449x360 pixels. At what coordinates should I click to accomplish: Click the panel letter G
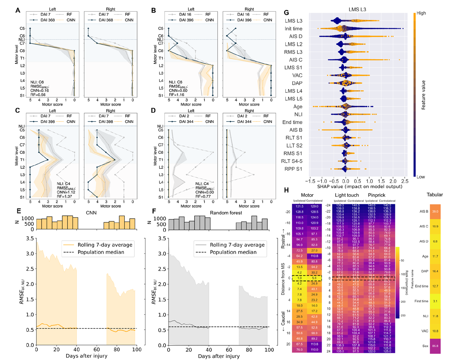[x=286, y=13]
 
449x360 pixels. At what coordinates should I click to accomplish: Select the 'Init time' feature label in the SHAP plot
[x=293, y=29]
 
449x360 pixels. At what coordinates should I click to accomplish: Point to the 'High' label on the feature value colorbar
[x=421, y=13]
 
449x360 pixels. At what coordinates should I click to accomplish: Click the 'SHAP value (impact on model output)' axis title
[x=360, y=186]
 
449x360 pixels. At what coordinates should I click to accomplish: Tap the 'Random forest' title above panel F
[x=226, y=213]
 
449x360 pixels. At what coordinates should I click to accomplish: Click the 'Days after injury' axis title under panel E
[x=86, y=356]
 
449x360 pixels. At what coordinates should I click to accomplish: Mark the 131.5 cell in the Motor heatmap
[x=300, y=207]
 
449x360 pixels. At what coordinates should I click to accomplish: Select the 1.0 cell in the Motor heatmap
[x=300, y=278]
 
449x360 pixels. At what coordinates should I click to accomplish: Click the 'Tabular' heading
[x=435, y=195]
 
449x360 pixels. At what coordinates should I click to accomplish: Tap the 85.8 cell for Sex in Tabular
[x=435, y=346]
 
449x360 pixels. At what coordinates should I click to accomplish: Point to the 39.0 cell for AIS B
[x=435, y=212]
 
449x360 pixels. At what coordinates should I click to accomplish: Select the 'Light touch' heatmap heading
[x=347, y=195]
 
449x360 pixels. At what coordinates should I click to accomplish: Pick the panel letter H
[x=286, y=190]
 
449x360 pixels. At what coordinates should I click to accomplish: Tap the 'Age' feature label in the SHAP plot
[x=298, y=106]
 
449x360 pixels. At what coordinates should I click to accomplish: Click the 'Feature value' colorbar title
[x=423, y=95]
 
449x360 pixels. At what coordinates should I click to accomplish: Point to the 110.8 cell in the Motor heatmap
[x=314, y=256]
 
